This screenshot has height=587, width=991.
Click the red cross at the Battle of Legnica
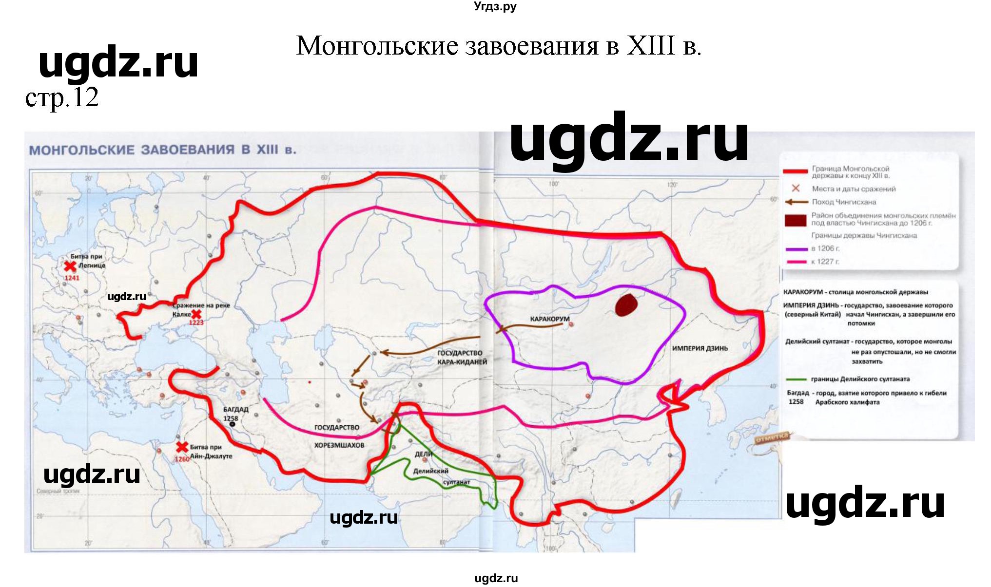(71, 266)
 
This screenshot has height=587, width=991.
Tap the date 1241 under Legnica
(72, 278)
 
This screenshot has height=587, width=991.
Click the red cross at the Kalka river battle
(196, 314)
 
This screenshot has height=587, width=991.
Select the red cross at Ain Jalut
(182, 447)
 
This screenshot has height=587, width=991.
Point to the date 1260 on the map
(182, 459)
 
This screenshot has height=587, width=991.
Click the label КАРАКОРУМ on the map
(549, 319)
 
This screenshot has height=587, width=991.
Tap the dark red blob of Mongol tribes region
(626, 305)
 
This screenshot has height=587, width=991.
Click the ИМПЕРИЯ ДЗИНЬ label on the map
(700, 348)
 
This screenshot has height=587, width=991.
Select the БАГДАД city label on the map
(236, 410)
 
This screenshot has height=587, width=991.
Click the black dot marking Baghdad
(233, 424)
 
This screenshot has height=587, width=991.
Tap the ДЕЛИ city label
(423, 454)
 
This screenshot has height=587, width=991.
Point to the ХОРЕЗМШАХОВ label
(339, 445)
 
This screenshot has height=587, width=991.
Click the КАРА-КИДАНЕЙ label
(462, 362)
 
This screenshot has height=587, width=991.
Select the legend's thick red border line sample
(795, 171)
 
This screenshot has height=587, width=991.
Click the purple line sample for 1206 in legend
(797, 249)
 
